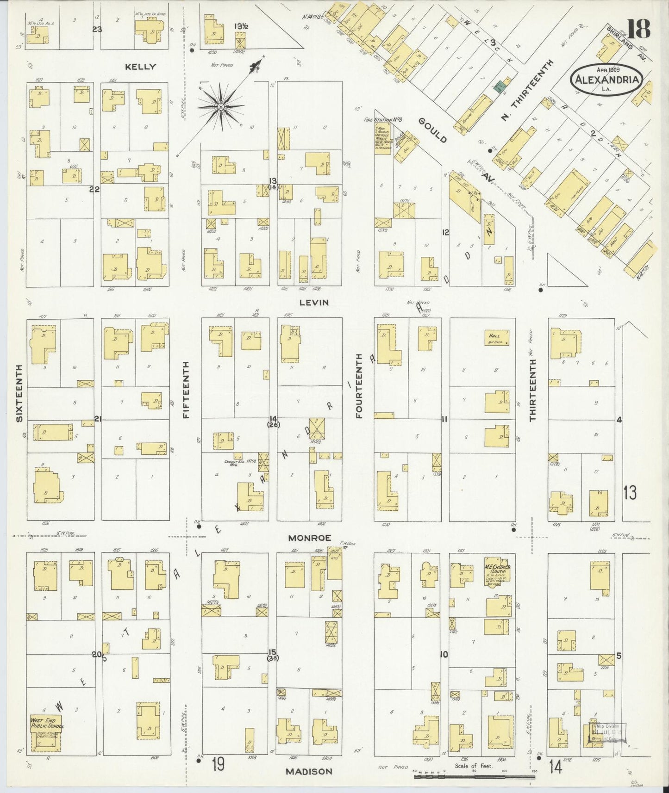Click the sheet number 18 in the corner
coord(638,29)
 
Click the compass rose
coord(221,107)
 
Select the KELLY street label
coord(140,67)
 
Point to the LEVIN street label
coord(313,302)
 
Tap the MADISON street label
coord(308,771)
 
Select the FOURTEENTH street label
coord(359,390)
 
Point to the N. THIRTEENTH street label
coord(527,91)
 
